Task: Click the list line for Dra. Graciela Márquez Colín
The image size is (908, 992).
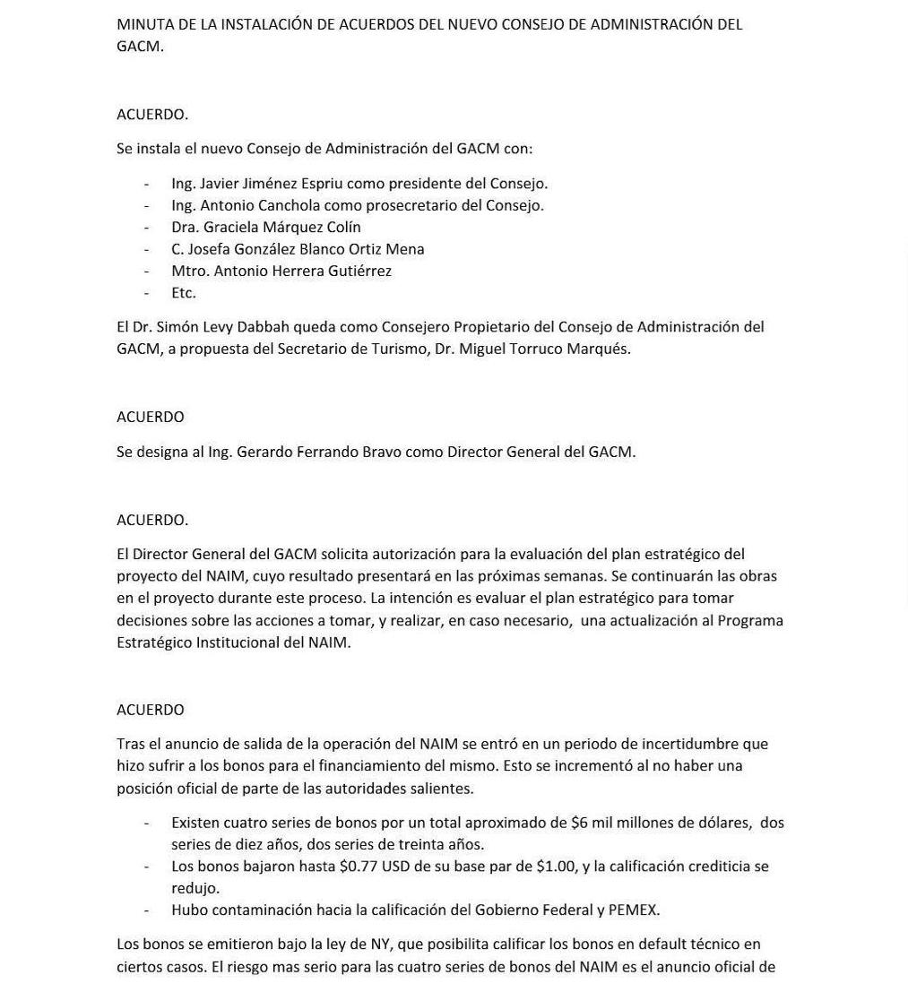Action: (x=265, y=228)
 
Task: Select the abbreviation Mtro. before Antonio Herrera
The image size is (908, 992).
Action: (x=190, y=271)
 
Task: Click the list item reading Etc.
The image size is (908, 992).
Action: (x=183, y=293)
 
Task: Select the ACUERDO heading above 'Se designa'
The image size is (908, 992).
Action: (x=150, y=417)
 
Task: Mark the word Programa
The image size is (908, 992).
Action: (x=749, y=620)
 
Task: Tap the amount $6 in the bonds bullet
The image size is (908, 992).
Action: (x=580, y=823)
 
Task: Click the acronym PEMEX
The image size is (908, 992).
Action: (x=633, y=910)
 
